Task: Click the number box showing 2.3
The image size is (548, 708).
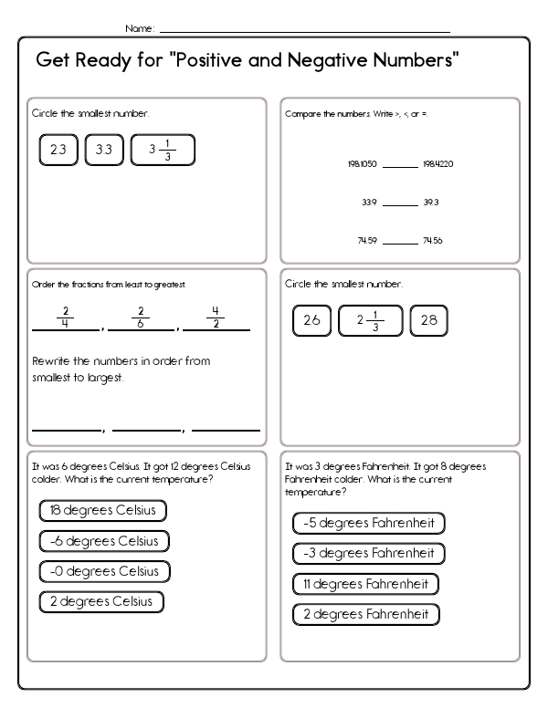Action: [58, 151]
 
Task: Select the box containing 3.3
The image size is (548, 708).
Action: [103, 151]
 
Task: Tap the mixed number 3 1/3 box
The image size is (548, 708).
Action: [163, 151]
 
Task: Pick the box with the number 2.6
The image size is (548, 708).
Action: [311, 320]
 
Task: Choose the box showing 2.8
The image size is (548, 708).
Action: [428, 320]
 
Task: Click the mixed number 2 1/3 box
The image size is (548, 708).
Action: [370, 320]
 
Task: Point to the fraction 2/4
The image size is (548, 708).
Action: [66, 316]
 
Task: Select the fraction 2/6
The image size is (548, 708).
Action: [142, 316]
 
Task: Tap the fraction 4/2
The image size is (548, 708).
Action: [216, 316]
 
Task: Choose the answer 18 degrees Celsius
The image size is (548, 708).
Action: [102, 510]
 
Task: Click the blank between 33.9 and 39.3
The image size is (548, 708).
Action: [399, 204]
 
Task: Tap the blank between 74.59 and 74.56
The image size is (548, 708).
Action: [399, 243]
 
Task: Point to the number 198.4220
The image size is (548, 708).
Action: [438, 165]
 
